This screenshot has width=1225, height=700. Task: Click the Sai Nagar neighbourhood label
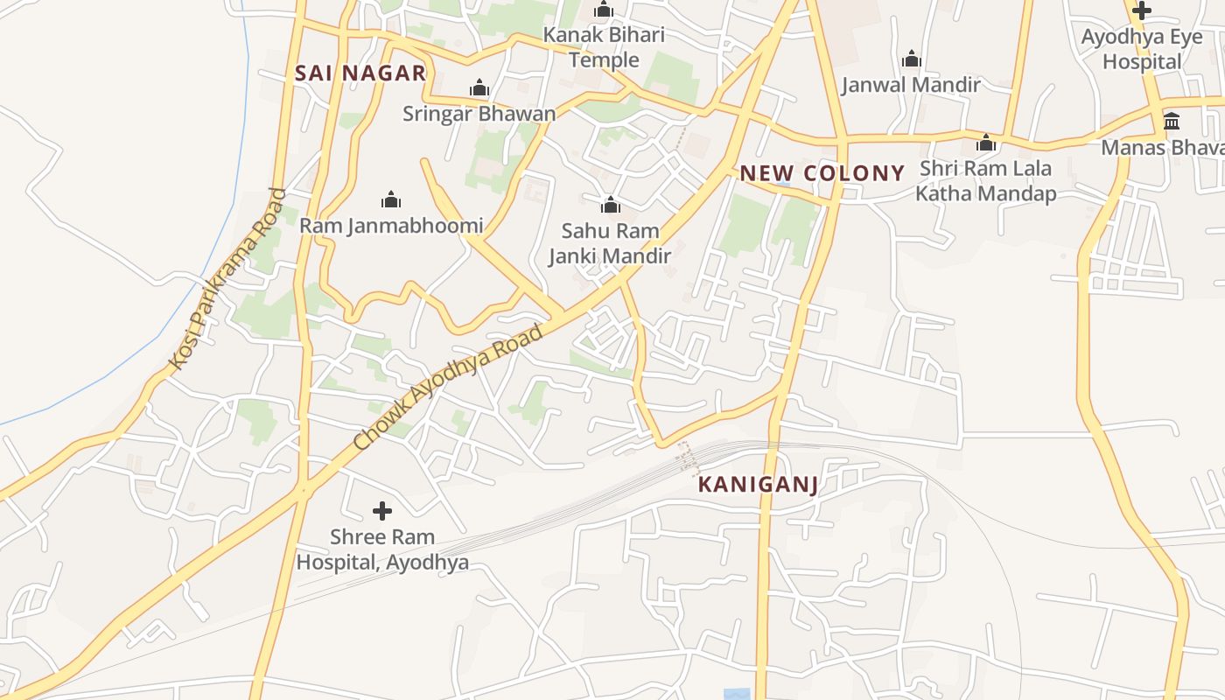[360, 73]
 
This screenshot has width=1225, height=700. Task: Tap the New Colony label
[822, 172]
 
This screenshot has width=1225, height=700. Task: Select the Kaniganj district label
[759, 484]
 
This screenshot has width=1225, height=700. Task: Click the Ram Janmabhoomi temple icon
[391, 200]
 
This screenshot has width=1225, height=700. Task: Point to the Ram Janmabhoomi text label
[391, 226]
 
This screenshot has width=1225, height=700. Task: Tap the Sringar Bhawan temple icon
[479, 88]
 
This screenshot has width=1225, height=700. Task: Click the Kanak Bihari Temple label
[604, 47]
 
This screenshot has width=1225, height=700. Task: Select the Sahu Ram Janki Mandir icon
[610, 206]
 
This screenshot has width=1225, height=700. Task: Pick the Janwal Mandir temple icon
[912, 59]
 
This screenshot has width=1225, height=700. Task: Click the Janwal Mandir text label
[911, 85]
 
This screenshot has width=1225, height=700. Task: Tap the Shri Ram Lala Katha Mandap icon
[986, 143]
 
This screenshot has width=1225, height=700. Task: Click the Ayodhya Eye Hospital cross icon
[1141, 11]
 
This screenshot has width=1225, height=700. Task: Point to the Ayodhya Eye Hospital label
[1142, 49]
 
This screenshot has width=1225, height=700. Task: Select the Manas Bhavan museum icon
[1172, 121]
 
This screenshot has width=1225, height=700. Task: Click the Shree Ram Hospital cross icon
[382, 510]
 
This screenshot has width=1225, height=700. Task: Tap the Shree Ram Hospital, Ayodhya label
[382, 549]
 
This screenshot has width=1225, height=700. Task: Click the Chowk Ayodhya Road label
[449, 387]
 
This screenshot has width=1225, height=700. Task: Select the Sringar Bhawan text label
[479, 114]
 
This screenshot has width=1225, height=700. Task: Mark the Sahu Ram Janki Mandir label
[610, 243]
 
